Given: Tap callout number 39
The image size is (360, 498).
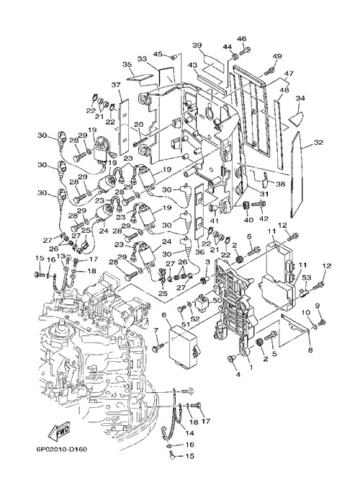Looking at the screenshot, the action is pyautogui.click(x=197, y=45).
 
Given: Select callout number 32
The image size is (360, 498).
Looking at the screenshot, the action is pyautogui.click(x=318, y=142).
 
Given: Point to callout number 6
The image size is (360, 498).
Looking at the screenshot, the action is pyautogui.click(x=163, y=314).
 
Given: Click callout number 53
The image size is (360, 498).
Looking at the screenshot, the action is pyautogui.click(x=306, y=278).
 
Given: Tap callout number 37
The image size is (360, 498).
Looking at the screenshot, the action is pyautogui.click(x=116, y=85).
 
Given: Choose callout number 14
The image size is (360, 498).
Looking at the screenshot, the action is pyautogui.click(x=190, y=432).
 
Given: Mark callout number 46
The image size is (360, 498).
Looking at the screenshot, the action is pyautogui.click(x=242, y=39).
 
